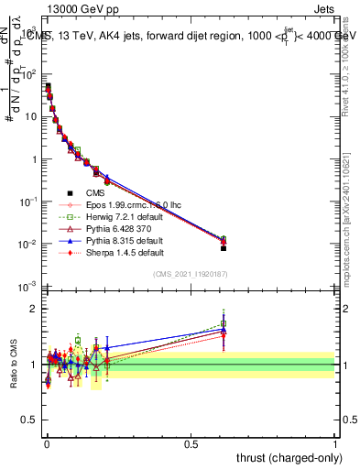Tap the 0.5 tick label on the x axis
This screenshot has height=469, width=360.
(191, 442)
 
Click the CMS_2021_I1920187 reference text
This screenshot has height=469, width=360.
(191, 274)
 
